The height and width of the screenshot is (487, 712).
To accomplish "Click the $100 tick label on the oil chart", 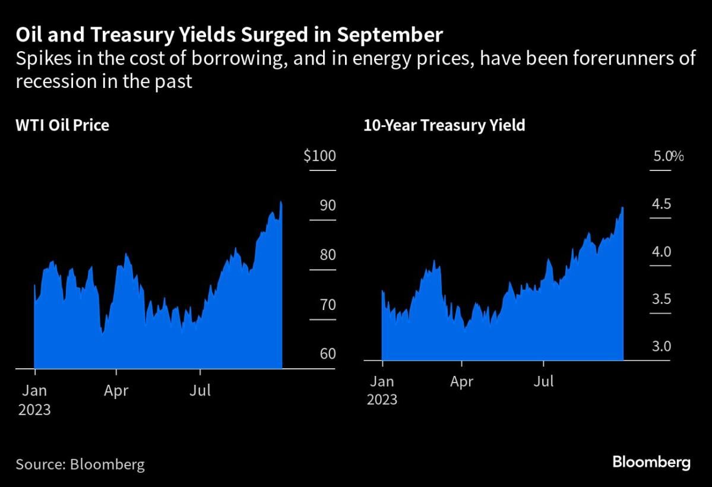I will click(320, 157).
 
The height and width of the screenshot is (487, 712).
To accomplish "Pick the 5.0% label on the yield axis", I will click(668, 157).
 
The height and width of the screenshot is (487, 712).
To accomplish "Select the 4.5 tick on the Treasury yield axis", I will click(662, 205).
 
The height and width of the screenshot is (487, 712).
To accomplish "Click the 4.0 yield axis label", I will click(662, 252).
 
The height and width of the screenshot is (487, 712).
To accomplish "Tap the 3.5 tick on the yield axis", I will click(662, 299).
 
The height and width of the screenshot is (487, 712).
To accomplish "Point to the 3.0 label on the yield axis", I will click(662, 346).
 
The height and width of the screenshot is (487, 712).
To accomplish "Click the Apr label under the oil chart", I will click(116, 391).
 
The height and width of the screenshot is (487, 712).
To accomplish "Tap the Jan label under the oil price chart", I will click(34, 391).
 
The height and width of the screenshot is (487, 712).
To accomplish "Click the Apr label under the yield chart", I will click(461, 381).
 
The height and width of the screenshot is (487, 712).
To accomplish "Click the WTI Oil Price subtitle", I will click(62, 125).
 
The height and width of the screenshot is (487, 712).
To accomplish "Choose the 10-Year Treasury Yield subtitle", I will click(445, 125).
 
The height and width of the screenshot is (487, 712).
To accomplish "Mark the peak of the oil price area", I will click(281, 203).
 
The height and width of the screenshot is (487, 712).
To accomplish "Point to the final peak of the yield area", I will click(622, 208).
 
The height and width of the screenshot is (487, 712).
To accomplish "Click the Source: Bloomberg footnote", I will click(80, 464).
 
